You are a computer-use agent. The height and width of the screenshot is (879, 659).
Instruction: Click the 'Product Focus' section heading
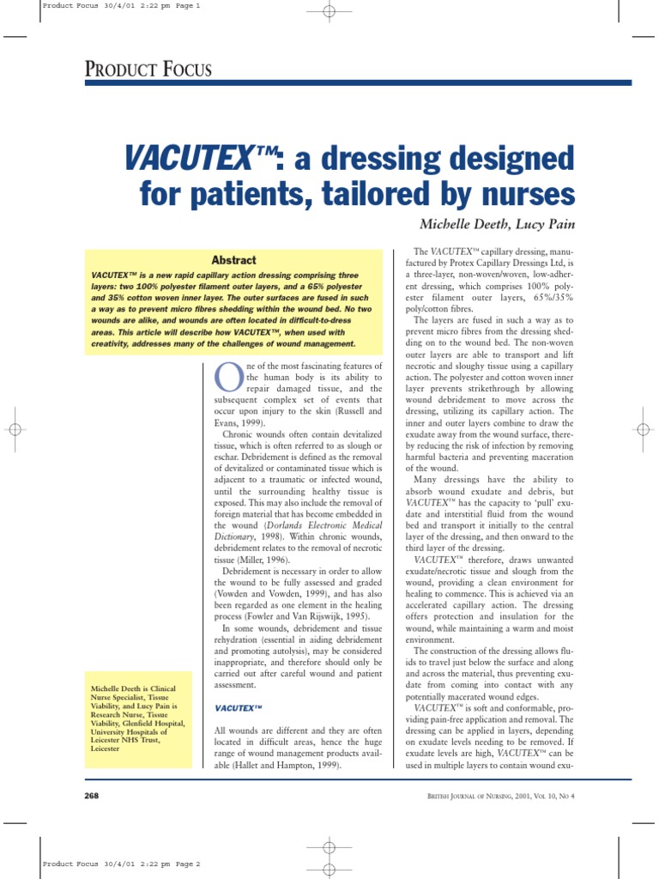[149, 70]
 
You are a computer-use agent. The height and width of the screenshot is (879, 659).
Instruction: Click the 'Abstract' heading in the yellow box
[233, 260]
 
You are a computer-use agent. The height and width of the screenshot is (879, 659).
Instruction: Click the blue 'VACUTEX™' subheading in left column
[238, 707]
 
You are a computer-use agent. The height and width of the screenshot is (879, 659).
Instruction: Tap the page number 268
[92, 796]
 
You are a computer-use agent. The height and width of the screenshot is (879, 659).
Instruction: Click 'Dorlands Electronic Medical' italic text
[316, 524]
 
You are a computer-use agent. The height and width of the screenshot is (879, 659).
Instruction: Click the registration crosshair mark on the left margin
[15, 428]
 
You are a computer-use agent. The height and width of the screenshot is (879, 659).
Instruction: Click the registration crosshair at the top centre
[329, 12]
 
